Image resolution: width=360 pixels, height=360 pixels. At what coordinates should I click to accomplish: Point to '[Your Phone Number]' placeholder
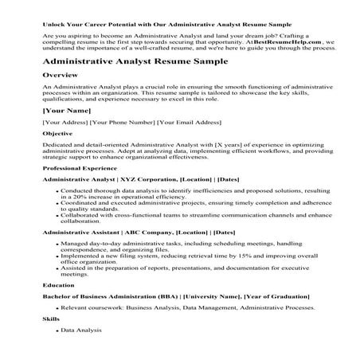[x=126, y=123]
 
